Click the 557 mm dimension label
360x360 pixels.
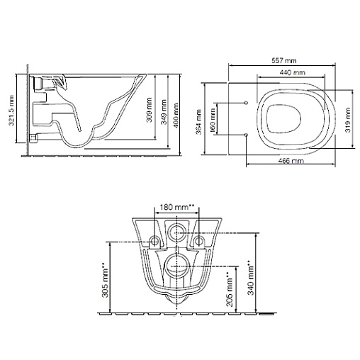coord(283,61)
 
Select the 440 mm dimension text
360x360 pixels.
coord(292,72)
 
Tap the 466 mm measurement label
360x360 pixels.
coord(291,161)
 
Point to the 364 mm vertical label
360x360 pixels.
coord(198,122)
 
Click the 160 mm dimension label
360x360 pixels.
coord(213,120)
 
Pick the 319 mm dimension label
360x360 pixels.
coord(348,120)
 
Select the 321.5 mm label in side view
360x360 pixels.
coord(11,110)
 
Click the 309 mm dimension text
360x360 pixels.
coord(149,110)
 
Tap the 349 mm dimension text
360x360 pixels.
coord(163,112)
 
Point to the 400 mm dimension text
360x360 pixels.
coord(176,116)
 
